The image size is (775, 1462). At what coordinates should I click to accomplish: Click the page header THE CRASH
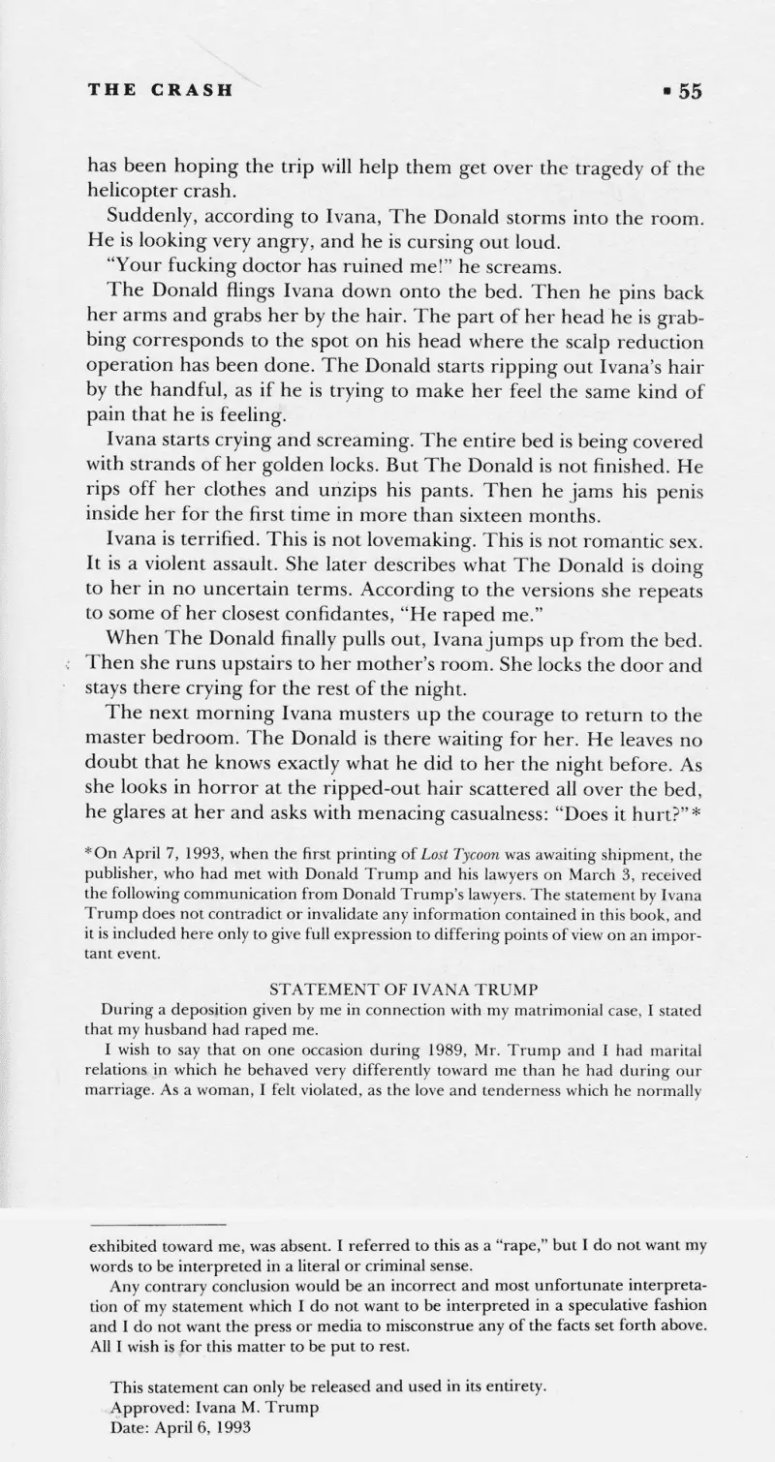click(160, 91)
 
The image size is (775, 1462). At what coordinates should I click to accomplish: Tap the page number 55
click(689, 91)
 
